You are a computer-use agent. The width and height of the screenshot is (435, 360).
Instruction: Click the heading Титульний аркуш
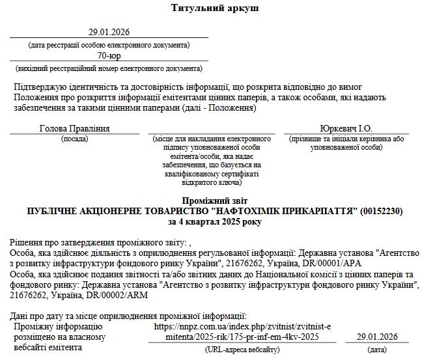point(215,8)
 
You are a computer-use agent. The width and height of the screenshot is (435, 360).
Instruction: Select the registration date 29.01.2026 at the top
point(109,33)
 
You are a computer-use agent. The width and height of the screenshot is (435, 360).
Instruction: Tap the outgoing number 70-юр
point(109,56)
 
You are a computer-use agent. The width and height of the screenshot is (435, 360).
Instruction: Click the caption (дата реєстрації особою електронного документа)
point(109,45)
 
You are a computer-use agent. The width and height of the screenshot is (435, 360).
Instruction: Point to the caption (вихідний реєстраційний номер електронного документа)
point(109,68)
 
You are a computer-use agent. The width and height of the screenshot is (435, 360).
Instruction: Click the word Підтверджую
point(40,87)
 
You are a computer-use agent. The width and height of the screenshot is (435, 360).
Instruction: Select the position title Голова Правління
point(75,128)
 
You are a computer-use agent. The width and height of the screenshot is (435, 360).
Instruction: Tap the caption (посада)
point(75,139)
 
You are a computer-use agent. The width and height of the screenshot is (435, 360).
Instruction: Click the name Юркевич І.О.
point(346,128)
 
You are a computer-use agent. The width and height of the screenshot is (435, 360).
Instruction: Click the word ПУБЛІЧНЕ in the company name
point(55,212)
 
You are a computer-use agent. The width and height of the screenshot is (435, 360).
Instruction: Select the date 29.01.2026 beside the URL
point(376,337)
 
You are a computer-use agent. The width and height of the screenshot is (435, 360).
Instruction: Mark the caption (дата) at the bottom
point(376,349)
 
